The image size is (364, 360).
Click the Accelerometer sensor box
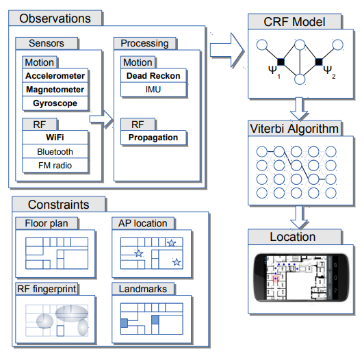pos(55,75)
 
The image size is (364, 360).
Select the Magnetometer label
pos(55,90)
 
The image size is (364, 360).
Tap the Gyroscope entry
pos(55,104)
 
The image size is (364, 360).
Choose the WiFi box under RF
pos(55,138)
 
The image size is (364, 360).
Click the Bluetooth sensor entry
pos(55,151)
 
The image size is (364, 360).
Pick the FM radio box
pos(55,166)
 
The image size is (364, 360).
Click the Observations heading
pos(55,18)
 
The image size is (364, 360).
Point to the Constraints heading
pos(58,205)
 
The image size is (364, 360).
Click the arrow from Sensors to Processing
pos(101,120)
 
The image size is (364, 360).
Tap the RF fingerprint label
pos(47,290)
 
